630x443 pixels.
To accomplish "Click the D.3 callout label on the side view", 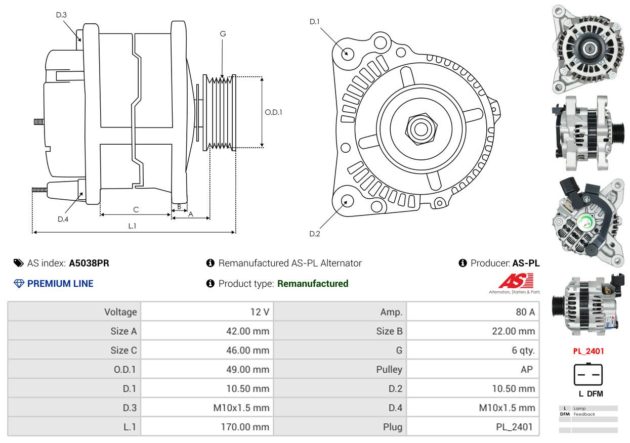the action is pos(61,15).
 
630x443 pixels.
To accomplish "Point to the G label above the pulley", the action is pos(223,34).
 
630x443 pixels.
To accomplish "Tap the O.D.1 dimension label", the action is pos(273,112).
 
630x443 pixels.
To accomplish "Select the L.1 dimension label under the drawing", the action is pos(132,226).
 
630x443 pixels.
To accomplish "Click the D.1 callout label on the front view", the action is pos(314,22).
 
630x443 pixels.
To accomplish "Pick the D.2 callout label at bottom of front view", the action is pos(314,234).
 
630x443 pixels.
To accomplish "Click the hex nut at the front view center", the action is pos(421,129).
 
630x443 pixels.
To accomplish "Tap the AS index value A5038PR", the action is pos(89,263).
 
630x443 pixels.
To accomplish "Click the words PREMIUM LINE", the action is pos(60,284).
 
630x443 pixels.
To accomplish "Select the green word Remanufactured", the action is pos(313,283).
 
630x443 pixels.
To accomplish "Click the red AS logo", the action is pos(516,281).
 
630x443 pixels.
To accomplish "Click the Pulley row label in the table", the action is pos(389,369).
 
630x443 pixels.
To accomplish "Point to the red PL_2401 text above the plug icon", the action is pos(589,351).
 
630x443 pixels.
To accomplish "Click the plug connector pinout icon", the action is pos(588,374).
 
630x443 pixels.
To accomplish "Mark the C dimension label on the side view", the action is pos(136,210).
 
